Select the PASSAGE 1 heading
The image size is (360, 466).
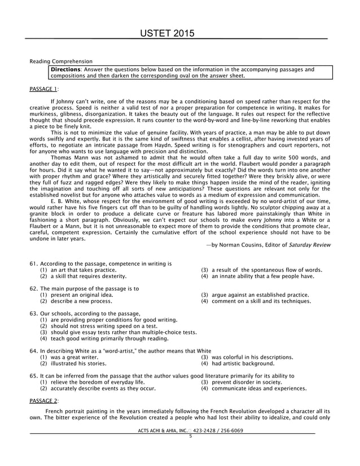coord(43,89)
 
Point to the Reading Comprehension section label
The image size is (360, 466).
coord(61,61)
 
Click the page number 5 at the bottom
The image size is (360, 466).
coord(191,436)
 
